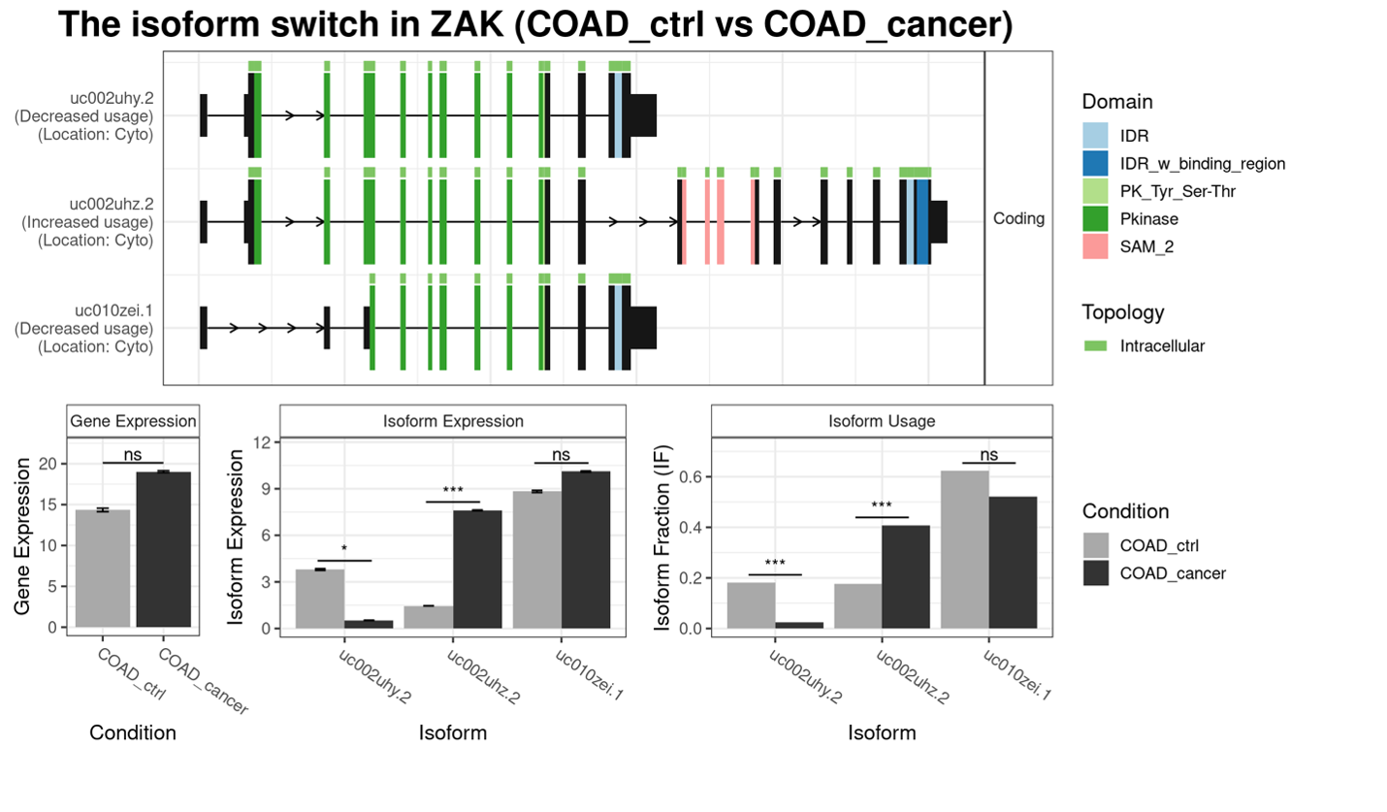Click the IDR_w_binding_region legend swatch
pyautogui.click(x=1095, y=163)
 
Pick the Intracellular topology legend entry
pyautogui.click(x=1162, y=345)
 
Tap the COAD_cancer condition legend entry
pyautogui.click(x=1172, y=572)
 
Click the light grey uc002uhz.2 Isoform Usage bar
pyautogui.click(x=858, y=605)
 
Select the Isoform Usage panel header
pyautogui.click(x=881, y=421)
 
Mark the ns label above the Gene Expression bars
pyautogui.click(x=133, y=453)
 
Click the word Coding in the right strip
pyautogui.click(x=1018, y=218)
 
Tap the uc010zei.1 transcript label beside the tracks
pyautogui.click(x=113, y=310)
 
